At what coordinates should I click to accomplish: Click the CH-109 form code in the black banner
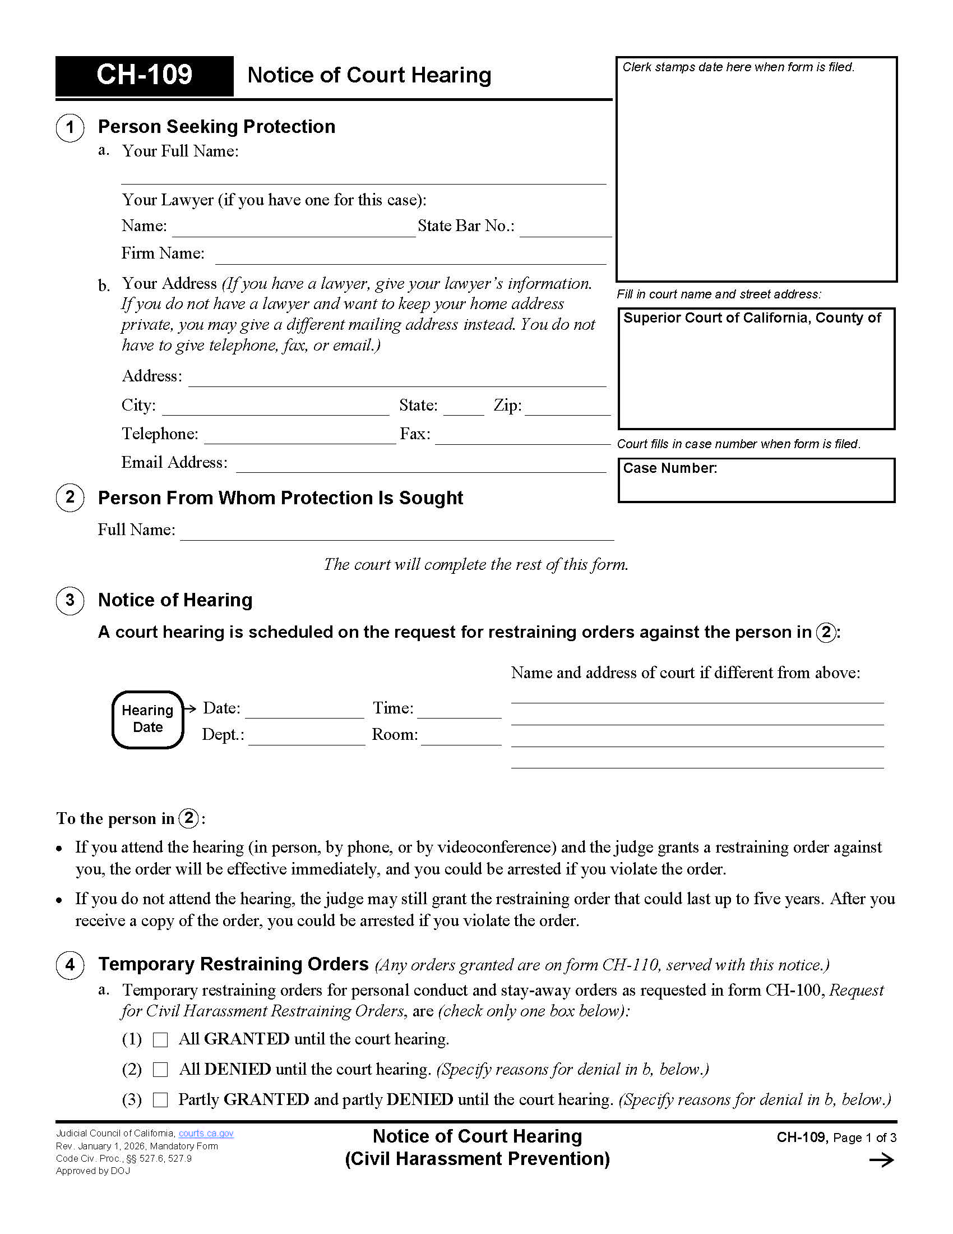tap(144, 75)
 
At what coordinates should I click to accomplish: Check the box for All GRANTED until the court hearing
tap(160, 1039)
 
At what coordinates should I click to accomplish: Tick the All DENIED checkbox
tap(160, 1070)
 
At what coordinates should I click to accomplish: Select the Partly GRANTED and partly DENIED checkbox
tap(160, 1099)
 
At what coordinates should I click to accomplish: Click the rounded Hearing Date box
tap(148, 719)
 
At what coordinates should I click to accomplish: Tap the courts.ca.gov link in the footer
tap(206, 1134)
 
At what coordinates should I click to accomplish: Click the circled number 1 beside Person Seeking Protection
tap(70, 127)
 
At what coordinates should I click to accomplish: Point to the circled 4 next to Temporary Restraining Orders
tap(70, 965)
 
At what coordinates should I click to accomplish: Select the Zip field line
tap(567, 409)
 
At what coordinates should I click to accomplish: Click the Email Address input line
tap(420, 466)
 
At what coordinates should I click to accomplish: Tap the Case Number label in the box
tap(669, 468)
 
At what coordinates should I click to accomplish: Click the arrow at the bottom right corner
tap(881, 1161)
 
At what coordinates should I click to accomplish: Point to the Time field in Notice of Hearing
tap(459, 712)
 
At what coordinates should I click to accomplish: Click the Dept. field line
tap(307, 739)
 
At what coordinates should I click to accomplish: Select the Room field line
tap(461, 739)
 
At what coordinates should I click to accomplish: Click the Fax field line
tap(522, 439)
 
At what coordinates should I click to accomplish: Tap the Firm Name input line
tap(410, 257)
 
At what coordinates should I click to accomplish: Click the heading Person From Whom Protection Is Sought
tap(280, 498)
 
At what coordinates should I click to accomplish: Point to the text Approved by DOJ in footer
tap(93, 1171)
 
